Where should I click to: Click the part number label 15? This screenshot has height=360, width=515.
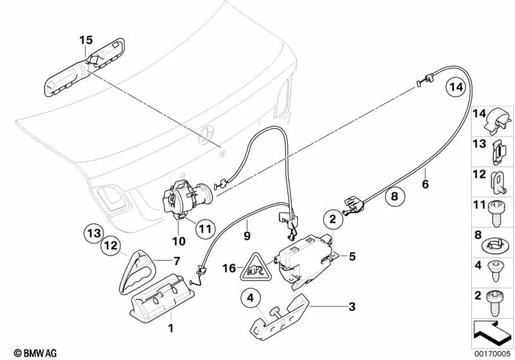[x=86, y=40]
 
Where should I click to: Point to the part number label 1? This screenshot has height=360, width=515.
[x=171, y=328]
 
